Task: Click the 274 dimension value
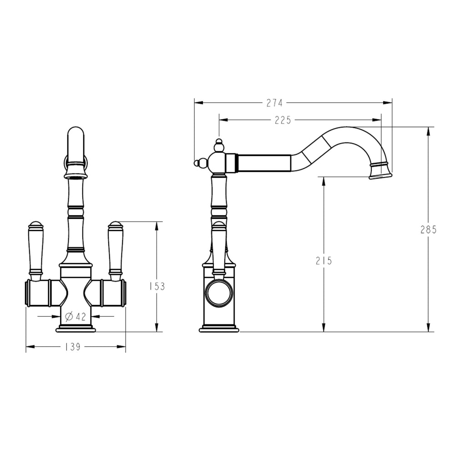pyautogui.click(x=274, y=103)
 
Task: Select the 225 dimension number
pyautogui.click(x=283, y=120)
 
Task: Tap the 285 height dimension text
pyautogui.click(x=428, y=229)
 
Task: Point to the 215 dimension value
pyautogui.click(x=324, y=261)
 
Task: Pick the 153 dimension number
pyautogui.click(x=157, y=286)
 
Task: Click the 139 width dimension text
pyautogui.click(x=72, y=347)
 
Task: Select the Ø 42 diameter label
pyautogui.click(x=76, y=316)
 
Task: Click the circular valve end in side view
pyautogui.click(x=219, y=293)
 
